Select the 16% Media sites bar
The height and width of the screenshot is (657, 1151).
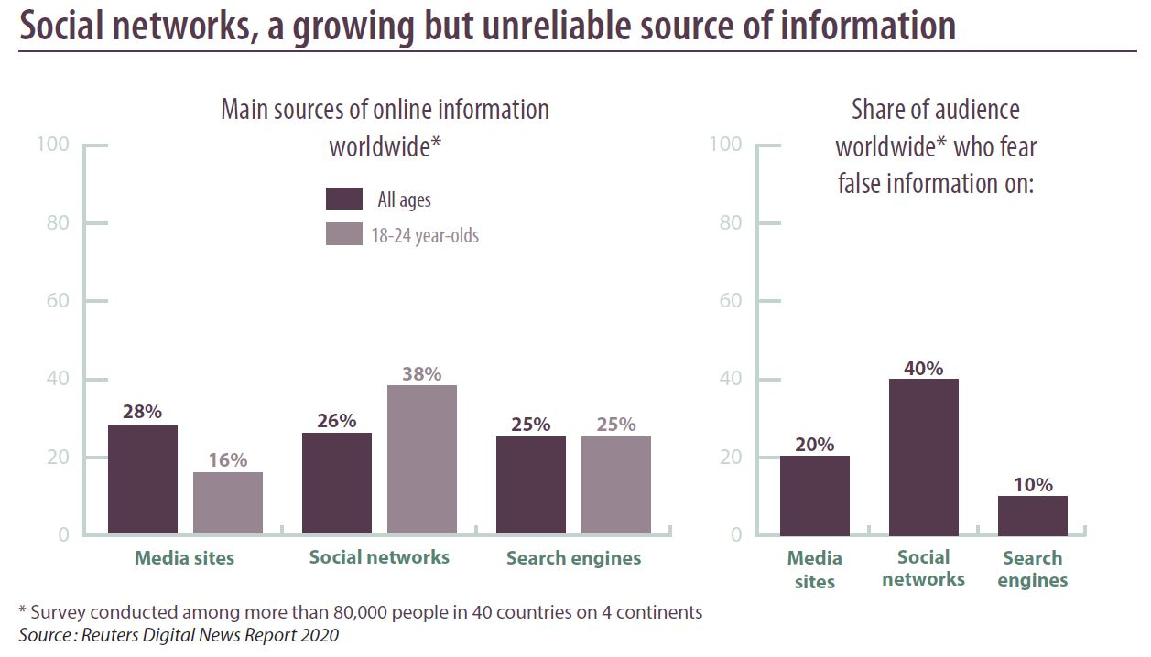pyautogui.click(x=227, y=503)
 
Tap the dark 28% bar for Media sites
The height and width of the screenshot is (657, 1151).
pyautogui.click(x=142, y=479)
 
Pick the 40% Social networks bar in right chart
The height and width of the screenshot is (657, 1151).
pyautogui.click(x=923, y=458)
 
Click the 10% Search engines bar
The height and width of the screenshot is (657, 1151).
pyautogui.click(x=1032, y=516)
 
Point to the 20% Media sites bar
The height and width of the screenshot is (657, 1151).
pyautogui.click(x=814, y=495)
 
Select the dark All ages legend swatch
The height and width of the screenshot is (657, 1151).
pyautogui.click(x=344, y=199)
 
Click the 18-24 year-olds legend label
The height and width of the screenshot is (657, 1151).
pyautogui.click(x=425, y=235)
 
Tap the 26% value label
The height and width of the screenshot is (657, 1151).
pyautogui.click(x=336, y=421)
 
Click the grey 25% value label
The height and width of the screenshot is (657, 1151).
pyautogui.click(x=615, y=425)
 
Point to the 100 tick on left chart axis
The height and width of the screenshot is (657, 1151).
pyautogui.click(x=51, y=145)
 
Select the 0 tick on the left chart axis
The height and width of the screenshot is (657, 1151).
pyautogui.click(x=63, y=534)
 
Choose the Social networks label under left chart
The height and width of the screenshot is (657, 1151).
pyautogui.click(x=379, y=557)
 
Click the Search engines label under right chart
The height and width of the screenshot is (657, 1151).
pyautogui.click(x=1032, y=569)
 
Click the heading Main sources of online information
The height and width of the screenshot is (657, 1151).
pyautogui.click(x=385, y=110)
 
